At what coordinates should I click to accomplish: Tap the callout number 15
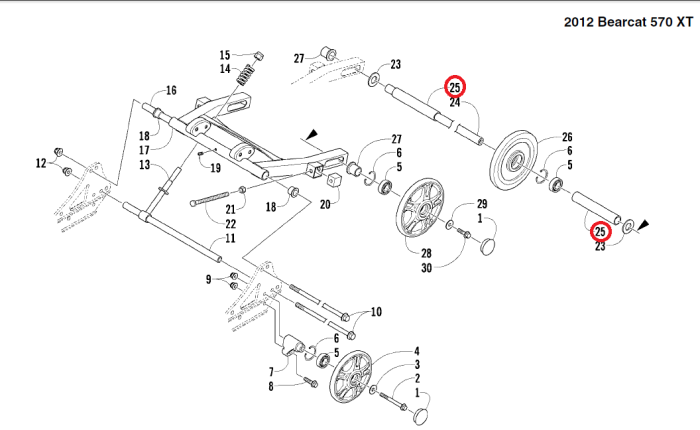click(225, 55)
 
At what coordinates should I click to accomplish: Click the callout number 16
click(171, 91)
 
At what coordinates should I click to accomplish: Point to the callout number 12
click(41, 162)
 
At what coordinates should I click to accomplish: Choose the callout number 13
click(144, 165)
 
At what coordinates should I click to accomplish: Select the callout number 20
click(324, 205)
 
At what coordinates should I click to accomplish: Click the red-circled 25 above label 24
click(455, 87)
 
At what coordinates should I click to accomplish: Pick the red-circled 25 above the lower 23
click(600, 232)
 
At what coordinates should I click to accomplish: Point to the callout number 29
click(481, 204)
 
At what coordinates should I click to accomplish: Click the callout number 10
click(376, 312)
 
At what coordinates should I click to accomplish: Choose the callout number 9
click(209, 280)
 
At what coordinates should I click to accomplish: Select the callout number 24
click(454, 102)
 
